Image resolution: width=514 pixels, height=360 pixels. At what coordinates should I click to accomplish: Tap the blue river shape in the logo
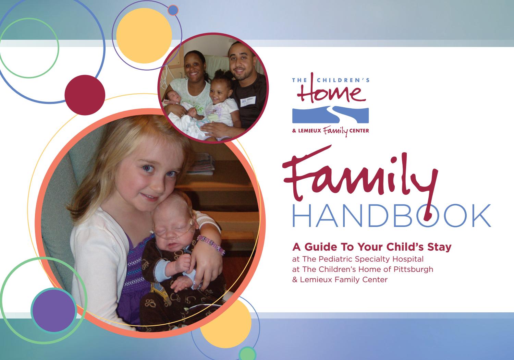(x=330, y=115)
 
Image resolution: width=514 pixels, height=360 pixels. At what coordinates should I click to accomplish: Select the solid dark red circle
(x=85, y=95)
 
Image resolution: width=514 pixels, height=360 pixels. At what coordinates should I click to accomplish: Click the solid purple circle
(x=54, y=310)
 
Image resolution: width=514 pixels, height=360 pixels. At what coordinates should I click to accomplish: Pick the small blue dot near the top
(x=173, y=10)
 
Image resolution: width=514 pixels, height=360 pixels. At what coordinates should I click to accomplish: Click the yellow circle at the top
(x=144, y=35)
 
